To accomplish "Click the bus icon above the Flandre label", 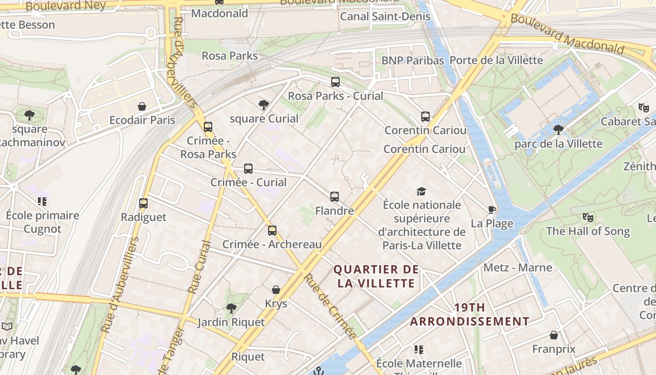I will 334,197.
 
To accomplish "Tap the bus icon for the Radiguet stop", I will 143,203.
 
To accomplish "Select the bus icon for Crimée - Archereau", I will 272,231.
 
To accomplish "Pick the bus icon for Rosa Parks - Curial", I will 335,82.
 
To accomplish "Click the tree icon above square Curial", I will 264,105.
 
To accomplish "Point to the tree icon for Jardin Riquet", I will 231,308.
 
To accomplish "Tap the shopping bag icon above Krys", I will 276,290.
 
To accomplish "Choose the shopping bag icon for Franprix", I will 554,335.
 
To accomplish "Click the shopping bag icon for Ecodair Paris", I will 142,106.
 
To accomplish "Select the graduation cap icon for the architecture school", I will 421,191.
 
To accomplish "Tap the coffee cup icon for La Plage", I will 492,210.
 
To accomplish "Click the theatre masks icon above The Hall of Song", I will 588,217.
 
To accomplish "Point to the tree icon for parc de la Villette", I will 558,129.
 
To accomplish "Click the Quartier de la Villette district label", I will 376,276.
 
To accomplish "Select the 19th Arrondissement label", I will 470,315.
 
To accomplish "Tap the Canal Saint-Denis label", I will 385,16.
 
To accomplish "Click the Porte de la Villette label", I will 496,60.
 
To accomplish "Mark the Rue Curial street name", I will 200,267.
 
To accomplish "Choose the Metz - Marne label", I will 518,268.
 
